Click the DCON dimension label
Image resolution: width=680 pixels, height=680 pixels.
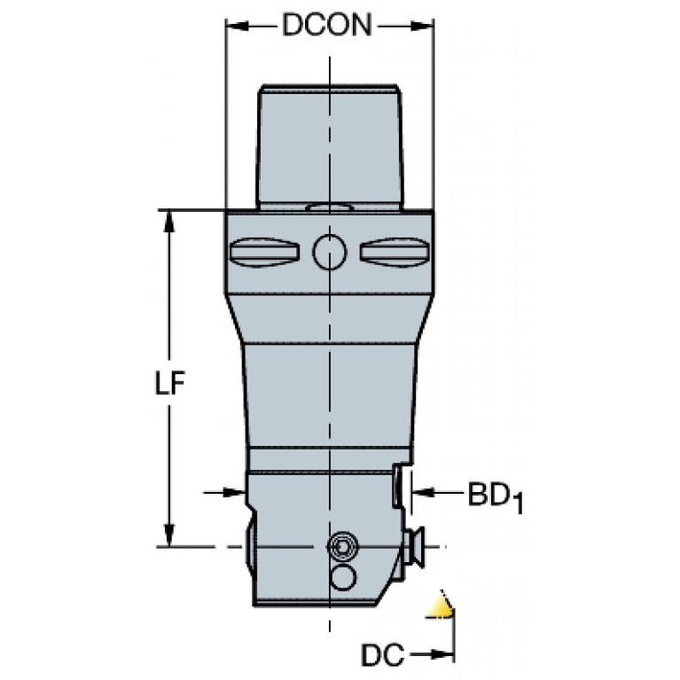coord(327,25)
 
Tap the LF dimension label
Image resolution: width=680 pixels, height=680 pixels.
coord(170,382)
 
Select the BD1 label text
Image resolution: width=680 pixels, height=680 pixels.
coord(496,496)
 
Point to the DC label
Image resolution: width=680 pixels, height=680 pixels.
coord(382,654)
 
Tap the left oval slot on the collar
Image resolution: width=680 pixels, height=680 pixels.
coord(264,253)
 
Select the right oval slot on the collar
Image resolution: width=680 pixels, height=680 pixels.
coord(395,253)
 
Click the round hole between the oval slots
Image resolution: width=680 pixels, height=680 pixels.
coord(330,252)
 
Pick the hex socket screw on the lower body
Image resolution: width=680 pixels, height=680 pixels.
coord(342,547)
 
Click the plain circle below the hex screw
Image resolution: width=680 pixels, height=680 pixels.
coord(343,578)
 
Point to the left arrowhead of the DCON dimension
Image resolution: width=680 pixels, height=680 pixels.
coord(238,27)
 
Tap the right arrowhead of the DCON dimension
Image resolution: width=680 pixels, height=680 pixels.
coord(422,27)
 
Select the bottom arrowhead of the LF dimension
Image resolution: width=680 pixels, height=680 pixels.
coord(169,535)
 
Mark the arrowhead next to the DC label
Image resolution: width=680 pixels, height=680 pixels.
coord(442,654)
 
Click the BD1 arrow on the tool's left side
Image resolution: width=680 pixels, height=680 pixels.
coord(224,492)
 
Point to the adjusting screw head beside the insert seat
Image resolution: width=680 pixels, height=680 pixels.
coord(415,547)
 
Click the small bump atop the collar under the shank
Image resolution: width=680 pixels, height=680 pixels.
coord(330,207)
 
